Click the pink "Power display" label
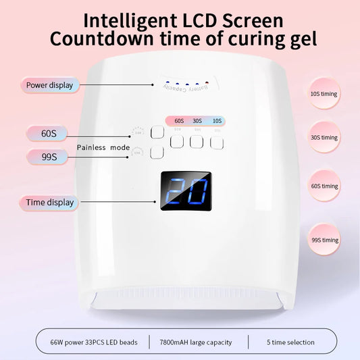click(x=49, y=85)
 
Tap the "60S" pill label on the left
click(x=49, y=133)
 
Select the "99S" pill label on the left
click(x=49, y=157)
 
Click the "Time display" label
click(x=49, y=202)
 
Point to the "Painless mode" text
click(x=103, y=147)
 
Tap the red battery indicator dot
click(x=165, y=86)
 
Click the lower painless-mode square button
click(x=157, y=153)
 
